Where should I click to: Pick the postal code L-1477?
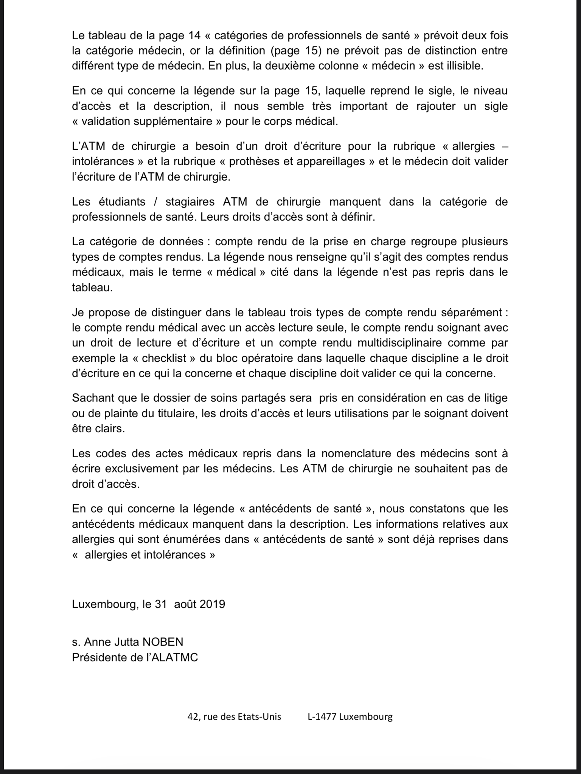tap(322, 717)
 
